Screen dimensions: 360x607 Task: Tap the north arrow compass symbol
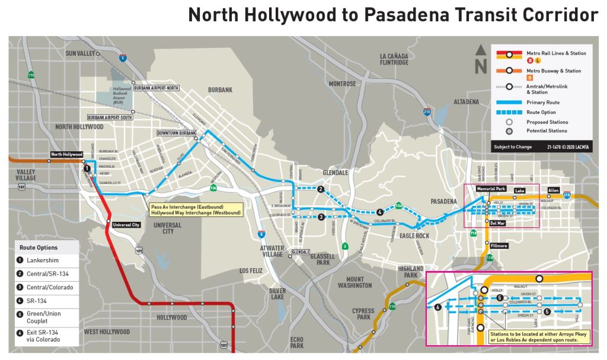click(x=481, y=59)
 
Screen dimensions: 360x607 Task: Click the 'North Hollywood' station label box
click(x=66, y=155)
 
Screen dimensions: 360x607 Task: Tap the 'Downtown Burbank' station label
click(x=176, y=133)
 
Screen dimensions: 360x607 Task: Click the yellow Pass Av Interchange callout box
click(x=195, y=209)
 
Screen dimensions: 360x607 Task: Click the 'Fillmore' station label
click(x=499, y=246)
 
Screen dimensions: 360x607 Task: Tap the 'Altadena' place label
click(x=466, y=102)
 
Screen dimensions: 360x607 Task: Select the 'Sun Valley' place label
click(x=81, y=53)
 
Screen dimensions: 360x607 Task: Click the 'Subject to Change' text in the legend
click(x=512, y=146)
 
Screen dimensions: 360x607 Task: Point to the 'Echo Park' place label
click(x=297, y=342)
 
